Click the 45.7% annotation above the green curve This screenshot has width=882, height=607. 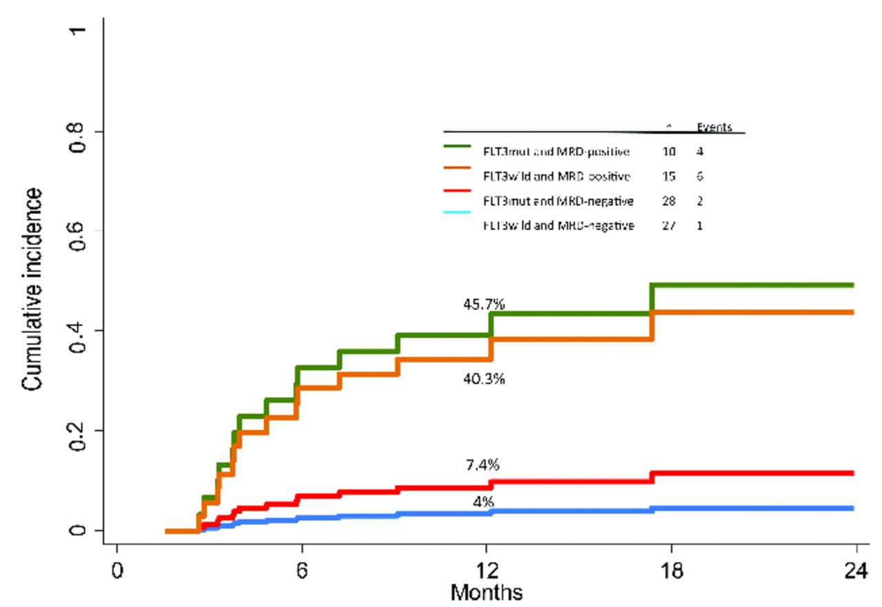484,304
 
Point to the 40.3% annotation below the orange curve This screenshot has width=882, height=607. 484,378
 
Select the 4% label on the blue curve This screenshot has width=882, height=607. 483,502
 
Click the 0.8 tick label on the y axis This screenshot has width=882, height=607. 86,132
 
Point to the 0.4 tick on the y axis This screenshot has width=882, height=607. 86,331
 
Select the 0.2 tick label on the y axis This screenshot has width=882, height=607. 86,431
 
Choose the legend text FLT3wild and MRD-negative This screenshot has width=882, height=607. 558,225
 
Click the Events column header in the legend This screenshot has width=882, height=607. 714,127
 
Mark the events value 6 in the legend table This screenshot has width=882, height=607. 699,176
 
